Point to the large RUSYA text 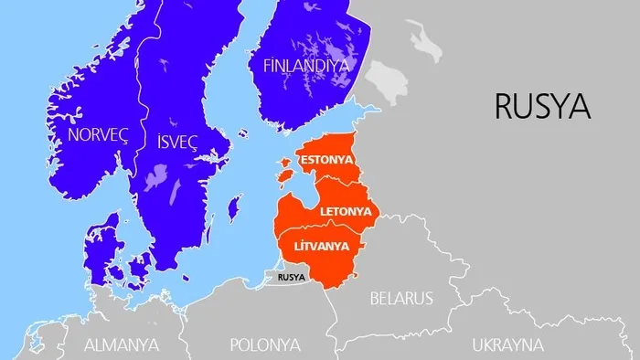pyautogui.click(x=541, y=106)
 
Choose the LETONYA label pyautogui.click(x=347, y=211)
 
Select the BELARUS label pyautogui.click(x=400, y=298)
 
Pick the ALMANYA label pyautogui.click(x=122, y=344)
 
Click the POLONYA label pyautogui.click(x=265, y=344)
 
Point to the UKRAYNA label pyautogui.click(x=507, y=344)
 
